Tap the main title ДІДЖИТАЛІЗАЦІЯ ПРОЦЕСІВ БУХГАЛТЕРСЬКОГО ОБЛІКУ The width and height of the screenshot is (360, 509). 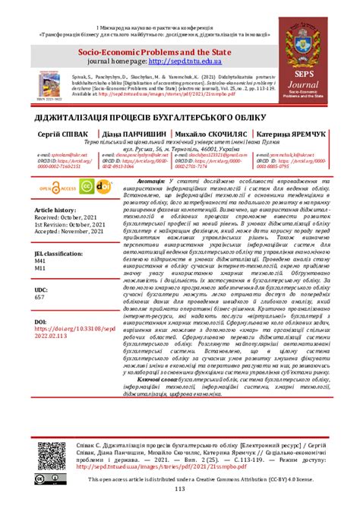click(x=180, y=121)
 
